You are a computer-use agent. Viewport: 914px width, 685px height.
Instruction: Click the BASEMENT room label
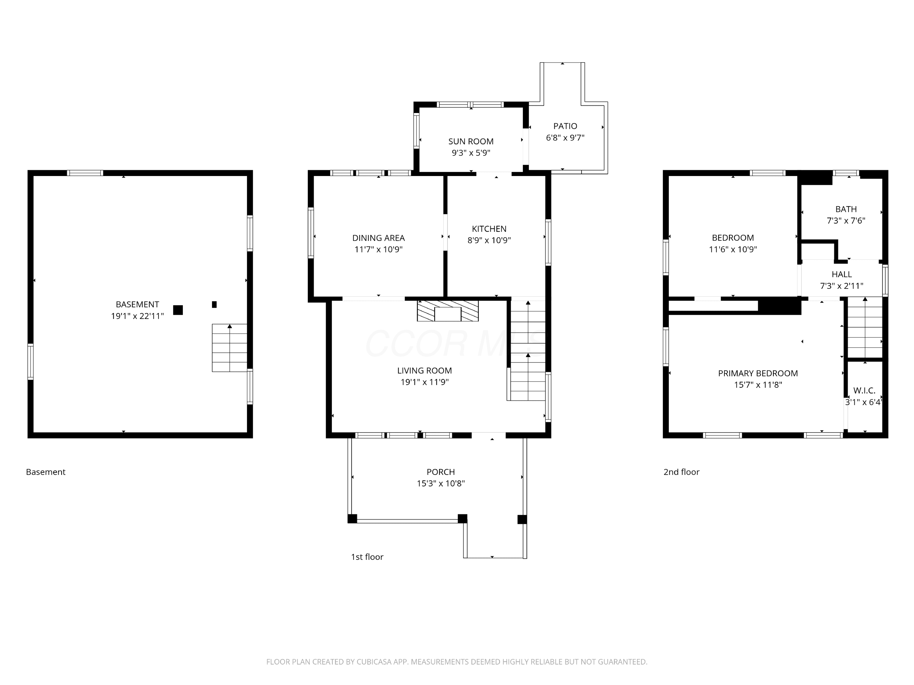(x=137, y=305)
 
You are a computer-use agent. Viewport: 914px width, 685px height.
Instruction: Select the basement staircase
(x=230, y=348)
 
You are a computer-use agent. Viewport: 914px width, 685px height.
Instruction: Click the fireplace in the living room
(x=448, y=311)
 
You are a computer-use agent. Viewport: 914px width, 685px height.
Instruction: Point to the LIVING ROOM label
(x=424, y=371)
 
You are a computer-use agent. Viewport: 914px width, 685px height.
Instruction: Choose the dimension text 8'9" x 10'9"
(x=489, y=240)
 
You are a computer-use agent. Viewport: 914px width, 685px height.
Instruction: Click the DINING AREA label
(x=378, y=238)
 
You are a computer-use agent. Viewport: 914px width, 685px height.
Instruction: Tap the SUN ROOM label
(x=471, y=141)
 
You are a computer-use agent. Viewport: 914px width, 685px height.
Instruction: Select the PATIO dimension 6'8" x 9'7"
(x=565, y=138)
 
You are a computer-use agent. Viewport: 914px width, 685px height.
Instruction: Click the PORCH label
(x=441, y=472)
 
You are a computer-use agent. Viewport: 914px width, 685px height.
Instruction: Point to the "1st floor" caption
(x=367, y=557)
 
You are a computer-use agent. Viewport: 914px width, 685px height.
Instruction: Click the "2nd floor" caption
(x=681, y=472)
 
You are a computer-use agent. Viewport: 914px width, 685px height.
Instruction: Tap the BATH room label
(x=846, y=209)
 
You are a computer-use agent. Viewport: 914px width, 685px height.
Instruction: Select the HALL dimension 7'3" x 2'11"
(x=842, y=285)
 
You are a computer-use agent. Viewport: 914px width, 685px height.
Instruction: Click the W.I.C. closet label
(x=864, y=390)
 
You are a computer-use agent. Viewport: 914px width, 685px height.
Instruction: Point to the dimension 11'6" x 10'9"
(x=733, y=249)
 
